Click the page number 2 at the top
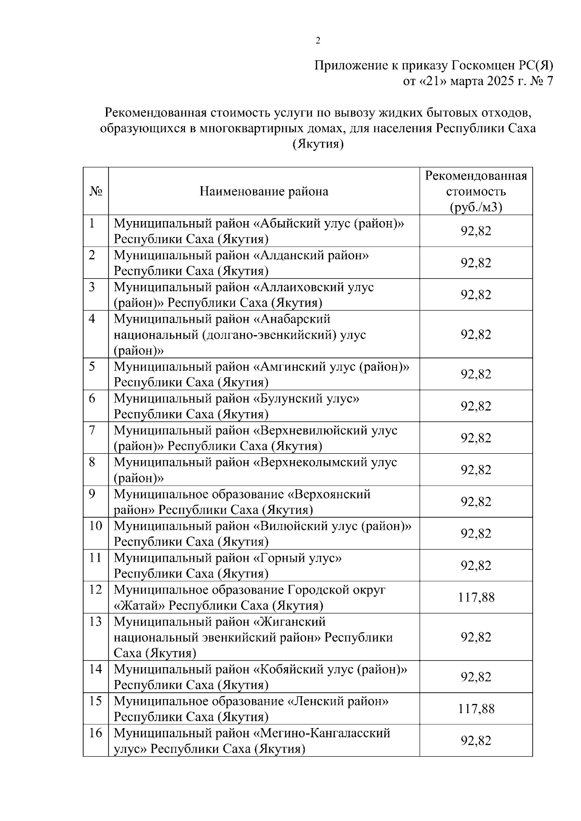318,41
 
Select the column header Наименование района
264,192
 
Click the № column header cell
96,192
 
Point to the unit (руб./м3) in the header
476,208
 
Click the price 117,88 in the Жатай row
476,598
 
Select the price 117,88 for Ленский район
476,709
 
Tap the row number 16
96,733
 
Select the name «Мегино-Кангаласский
322,733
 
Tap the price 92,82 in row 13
476,638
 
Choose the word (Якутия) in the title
318,145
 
